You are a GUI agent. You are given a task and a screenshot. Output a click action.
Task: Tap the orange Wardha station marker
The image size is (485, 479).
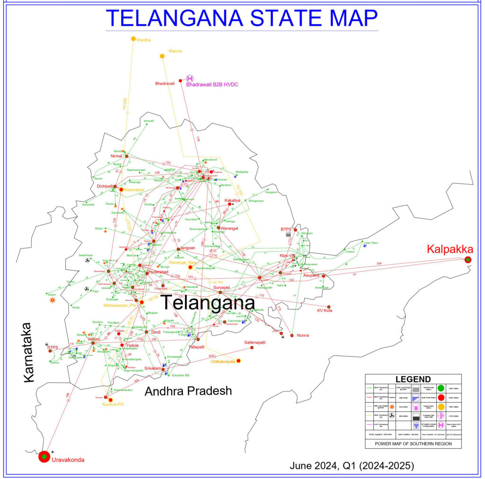[x=134, y=39]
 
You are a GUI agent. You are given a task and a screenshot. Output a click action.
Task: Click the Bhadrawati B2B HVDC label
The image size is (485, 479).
[x=212, y=84]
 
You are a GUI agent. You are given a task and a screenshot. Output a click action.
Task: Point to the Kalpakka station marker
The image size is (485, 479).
[x=468, y=259]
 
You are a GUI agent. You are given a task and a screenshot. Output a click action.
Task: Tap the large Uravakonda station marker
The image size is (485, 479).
[x=44, y=456]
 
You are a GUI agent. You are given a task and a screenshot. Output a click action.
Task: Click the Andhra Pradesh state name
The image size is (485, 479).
[x=188, y=391]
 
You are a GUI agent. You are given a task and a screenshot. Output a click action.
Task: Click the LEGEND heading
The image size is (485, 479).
[x=413, y=379]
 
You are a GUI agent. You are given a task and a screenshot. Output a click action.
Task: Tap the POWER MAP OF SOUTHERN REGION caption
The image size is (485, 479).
[x=413, y=444]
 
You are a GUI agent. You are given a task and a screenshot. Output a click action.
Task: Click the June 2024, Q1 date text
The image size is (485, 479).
[x=352, y=466]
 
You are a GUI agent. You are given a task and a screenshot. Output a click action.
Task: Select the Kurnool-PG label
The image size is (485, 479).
[x=113, y=405]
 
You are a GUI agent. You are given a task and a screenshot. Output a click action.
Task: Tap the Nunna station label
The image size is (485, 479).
[x=303, y=335]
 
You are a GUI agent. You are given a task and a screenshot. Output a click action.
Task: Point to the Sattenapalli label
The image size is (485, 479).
[x=255, y=342]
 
